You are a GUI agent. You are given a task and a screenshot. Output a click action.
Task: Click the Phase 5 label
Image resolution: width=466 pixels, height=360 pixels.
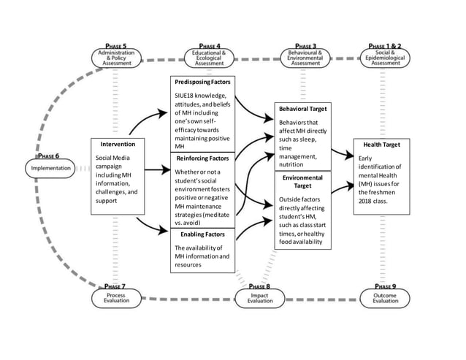[116, 46]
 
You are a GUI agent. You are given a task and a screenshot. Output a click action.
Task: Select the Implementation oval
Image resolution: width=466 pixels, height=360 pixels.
[50, 169]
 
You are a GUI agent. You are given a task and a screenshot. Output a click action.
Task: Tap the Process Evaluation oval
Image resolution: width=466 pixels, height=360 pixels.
[116, 298]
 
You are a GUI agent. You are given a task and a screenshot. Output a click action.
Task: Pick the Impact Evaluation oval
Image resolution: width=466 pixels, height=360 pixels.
[260, 298]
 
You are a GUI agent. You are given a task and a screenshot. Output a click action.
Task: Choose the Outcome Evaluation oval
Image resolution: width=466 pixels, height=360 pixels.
[385, 298]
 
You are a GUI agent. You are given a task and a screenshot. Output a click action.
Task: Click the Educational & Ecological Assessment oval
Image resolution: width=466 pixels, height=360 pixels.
[209, 58]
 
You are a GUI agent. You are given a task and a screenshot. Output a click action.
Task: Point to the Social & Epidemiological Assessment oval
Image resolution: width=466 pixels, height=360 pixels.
[385, 58]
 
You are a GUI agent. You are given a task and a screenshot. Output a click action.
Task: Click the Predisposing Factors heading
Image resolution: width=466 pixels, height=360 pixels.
[202, 82]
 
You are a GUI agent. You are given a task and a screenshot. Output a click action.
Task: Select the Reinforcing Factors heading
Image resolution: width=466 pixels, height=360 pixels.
[202, 158]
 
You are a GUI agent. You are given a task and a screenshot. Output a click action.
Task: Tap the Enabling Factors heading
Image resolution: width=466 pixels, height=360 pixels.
[202, 234]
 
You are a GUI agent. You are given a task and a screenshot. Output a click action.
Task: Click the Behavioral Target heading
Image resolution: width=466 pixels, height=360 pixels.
[303, 109]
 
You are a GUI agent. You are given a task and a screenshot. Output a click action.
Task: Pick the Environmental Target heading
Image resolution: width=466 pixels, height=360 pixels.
[302, 182]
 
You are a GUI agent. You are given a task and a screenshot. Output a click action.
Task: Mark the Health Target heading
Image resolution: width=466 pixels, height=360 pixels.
[381, 145]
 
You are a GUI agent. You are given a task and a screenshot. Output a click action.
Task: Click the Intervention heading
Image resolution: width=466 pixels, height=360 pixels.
[118, 144]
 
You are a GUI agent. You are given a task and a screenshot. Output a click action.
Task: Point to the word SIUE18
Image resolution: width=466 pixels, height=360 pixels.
[183, 96]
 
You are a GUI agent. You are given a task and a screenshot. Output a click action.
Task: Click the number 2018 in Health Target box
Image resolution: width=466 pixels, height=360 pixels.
[364, 201]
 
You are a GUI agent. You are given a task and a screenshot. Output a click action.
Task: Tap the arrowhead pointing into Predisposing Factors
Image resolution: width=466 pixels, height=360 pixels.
[163, 113]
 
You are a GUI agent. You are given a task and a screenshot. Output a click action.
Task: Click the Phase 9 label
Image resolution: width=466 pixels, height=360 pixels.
[385, 286]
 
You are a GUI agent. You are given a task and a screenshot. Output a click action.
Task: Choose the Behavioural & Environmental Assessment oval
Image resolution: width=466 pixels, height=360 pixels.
[305, 58]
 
